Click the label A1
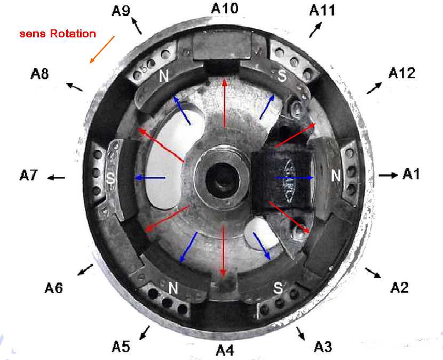tap(413, 174)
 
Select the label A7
tap(29, 175)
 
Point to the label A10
tap(225, 8)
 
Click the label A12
tap(401, 73)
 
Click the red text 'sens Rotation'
tap(58, 34)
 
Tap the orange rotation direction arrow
tap(102, 50)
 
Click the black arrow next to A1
tap(388, 175)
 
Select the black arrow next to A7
tap(56, 177)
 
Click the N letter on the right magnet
tap(336, 175)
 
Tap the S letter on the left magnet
tap(111, 178)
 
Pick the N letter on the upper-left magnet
tap(164, 77)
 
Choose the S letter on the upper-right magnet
tap(282, 76)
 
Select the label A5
tap(121, 346)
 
